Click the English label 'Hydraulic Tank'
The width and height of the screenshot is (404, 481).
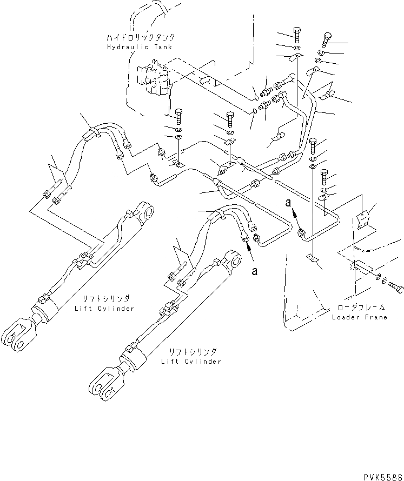pyautogui.click(x=140, y=47)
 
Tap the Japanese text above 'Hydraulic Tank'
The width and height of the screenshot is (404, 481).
pyautogui.click(x=140, y=38)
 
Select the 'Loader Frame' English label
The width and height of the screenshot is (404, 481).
pyautogui.click(x=360, y=317)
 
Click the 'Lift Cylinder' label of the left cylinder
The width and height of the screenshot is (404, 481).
pyautogui.click(x=104, y=308)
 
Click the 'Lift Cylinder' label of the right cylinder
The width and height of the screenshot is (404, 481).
pyautogui.click(x=191, y=361)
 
